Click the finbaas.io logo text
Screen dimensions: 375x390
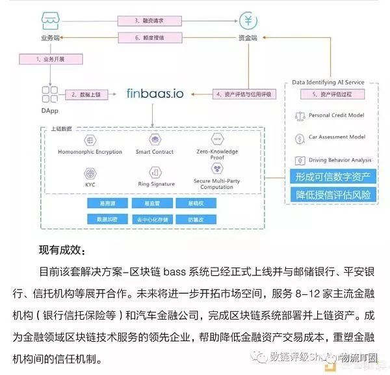pyautogui.click(x=154, y=93)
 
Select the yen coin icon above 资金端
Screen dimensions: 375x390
pyautogui.click(x=246, y=20)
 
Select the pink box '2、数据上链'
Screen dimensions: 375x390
pyautogui.click(x=85, y=94)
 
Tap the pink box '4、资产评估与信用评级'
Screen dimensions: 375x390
pyautogui.click(x=244, y=94)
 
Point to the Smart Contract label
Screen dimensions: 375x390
pyautogui.click(x=155, y=152)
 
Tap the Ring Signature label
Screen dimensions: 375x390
pyautogui.click(x=155, y=184)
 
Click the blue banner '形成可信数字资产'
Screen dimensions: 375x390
pyautogui.click(x=332, y=176)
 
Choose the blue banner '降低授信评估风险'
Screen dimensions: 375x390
pyautogui.click(x=332, y=195)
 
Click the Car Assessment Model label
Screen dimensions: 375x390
pyautogui.click(x=337, y=138)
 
